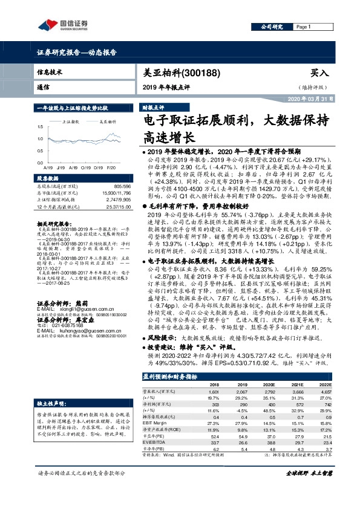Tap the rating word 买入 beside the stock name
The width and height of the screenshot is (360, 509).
click(x=319, y=72)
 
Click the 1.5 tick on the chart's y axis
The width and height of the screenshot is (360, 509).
click(x=39, y=126)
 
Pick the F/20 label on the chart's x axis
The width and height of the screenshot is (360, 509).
click(x=111, y=165)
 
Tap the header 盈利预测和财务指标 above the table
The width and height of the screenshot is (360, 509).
click(x=169, y=376)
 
